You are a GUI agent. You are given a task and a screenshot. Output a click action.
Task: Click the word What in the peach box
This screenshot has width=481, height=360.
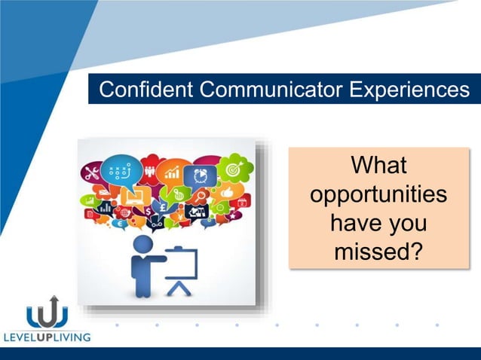click(378, 166)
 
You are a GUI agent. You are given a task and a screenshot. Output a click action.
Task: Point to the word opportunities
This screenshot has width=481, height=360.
click(378, 194)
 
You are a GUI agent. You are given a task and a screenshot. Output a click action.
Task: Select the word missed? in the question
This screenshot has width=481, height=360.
click(378, 252)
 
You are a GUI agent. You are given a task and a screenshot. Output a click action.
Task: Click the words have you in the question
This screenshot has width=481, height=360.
click(378, 223)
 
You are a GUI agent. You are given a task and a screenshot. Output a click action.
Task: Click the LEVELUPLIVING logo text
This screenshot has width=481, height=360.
click(47, 337)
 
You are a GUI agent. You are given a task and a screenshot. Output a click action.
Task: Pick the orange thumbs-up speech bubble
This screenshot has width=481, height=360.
click(226, 194)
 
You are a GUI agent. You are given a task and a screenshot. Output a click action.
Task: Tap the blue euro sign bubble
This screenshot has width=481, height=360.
click(121, 223)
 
